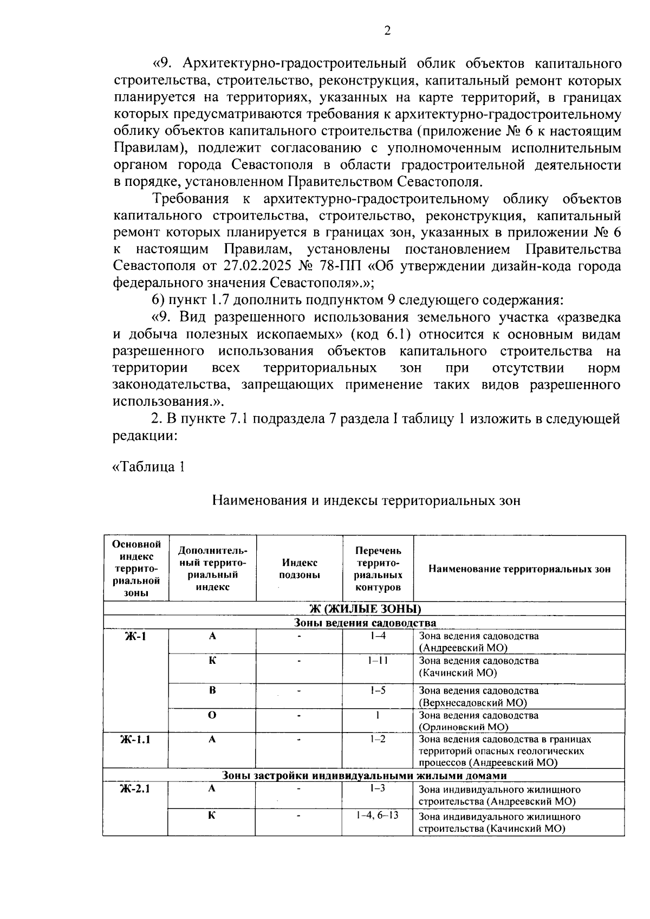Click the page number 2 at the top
[x=387, y=31]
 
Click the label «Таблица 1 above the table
[x=148, y=467]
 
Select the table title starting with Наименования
[x=366, y=500]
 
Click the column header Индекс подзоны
[x=299, y=569]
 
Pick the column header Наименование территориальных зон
[x=519, y=569]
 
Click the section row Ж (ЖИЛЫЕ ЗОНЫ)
[x=365, y=609]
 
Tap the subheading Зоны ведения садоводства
[x=365, y=623]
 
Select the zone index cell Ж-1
[x=135, y=636]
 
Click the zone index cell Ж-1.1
[x=135, y=739]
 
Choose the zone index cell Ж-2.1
[x=135, y=788]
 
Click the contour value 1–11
[x=377, y=661]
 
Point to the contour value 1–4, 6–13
[x=377, y=816]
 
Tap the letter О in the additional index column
[x=212, y=715]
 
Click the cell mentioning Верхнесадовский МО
[x=479, y=697]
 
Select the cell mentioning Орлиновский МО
[x=479, y=721]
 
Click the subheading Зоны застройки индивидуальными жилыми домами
[x=365, y=775]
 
